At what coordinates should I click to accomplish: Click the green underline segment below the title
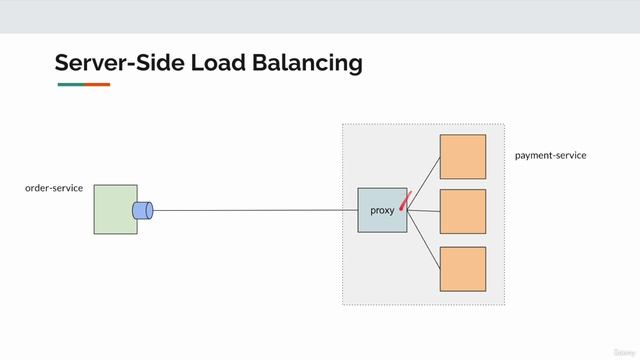click(x=71, y=85)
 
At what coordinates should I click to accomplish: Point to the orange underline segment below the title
click(x=97, y=85)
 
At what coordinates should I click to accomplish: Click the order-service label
click(x=54, y=188)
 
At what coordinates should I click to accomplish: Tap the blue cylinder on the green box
click(x=142, y=210)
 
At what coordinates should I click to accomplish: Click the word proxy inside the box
click(x=382, y=211)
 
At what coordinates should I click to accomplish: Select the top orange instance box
click(x=462, y=156)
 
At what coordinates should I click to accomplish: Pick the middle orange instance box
click(x=462, y=211)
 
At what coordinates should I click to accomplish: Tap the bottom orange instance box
click(x=462, y=268)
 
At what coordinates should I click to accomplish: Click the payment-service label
click(x=550, y=156)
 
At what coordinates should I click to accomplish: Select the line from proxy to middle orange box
click(x=424, y=211)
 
